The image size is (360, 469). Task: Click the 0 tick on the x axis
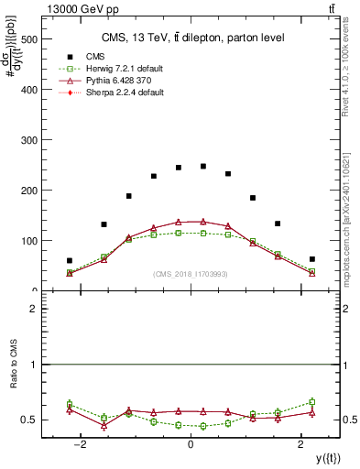pyautogui.click(x=191, y=444)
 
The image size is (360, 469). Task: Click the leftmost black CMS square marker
pyautogui.click(x=70, y=261)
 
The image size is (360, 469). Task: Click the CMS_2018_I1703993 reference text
pyautogui.click(x=191, y=274)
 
